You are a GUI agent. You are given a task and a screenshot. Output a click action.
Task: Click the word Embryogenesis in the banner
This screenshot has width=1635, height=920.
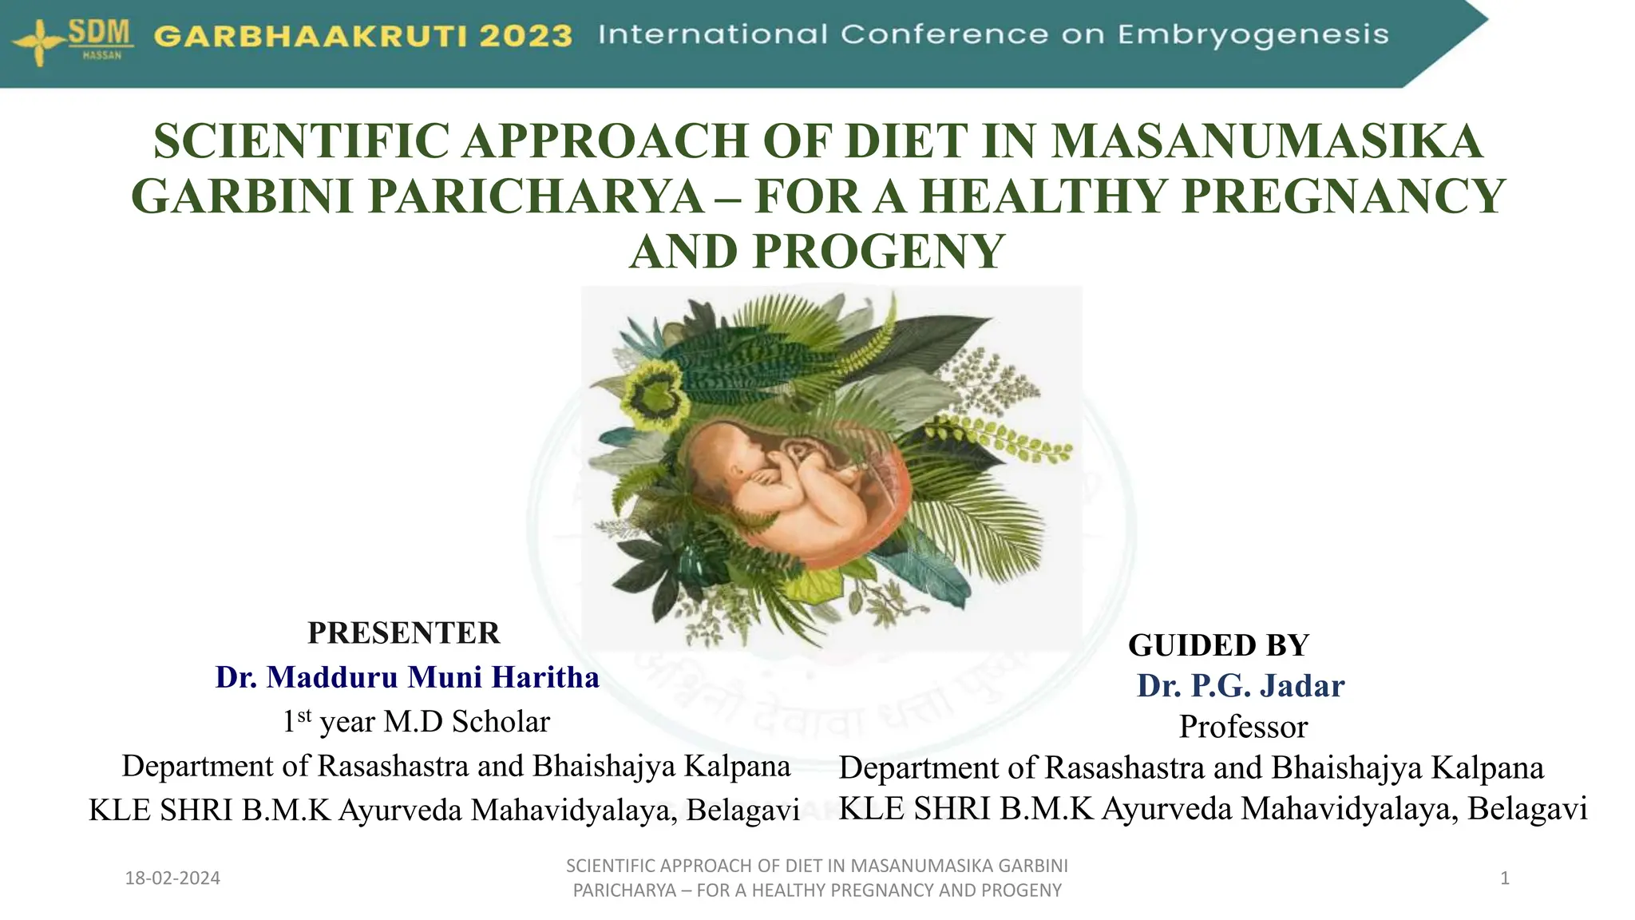tap(1253, 35)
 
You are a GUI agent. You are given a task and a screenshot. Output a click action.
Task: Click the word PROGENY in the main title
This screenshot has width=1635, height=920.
tap(878, 252)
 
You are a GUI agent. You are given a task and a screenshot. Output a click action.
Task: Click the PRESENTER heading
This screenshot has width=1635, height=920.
tap(404, 632)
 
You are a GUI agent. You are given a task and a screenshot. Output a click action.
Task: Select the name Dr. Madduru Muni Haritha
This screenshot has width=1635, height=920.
tap(407, 677)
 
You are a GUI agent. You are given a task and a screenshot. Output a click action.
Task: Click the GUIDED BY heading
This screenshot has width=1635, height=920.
tap(1218, 645)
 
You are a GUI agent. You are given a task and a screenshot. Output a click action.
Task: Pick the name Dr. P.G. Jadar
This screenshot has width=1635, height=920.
tap(1241, 686)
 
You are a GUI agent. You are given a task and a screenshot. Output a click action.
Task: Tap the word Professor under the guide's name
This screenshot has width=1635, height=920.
tap(1243, 727)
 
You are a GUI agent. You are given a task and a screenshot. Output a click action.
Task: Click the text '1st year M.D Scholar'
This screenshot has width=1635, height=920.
tap(416, 721)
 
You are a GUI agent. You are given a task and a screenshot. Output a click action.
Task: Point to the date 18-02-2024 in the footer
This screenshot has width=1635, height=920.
tap(172, 878)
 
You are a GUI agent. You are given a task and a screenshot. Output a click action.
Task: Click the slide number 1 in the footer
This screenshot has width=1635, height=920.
tap(1505, 878)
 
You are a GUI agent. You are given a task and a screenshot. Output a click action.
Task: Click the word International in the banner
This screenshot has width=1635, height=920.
tap(712, 34)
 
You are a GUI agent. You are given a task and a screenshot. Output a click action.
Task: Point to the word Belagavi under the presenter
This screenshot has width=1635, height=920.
tap(742, 810)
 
